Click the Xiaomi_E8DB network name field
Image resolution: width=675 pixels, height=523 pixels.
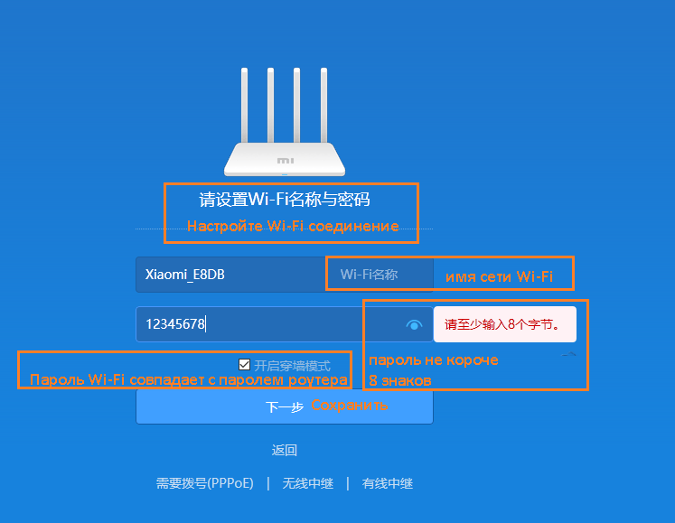pos(230,275)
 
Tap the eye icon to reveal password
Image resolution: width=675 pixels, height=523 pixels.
pos(415,324)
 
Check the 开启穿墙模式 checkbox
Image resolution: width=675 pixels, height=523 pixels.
pos(245,365)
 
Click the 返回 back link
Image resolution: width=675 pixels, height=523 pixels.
pos(285,450)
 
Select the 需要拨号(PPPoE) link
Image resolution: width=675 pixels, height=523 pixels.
pos(205,483)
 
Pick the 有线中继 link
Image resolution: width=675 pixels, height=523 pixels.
pos(388,483)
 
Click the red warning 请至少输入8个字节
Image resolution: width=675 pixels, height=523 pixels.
pos(504,323)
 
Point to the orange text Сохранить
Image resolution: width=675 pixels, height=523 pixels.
pos(350,406)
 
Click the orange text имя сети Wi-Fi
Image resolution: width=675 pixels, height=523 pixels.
pos(499,276)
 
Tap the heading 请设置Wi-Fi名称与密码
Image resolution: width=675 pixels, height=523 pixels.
pos(285,200)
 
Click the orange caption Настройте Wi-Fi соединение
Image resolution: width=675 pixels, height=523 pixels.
pos(293,226)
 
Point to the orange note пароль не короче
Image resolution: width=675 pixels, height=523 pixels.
pos(434,360)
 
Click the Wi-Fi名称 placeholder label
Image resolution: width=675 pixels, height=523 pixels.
pos(369,275)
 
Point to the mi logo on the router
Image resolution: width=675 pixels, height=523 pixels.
pos(285,160)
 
